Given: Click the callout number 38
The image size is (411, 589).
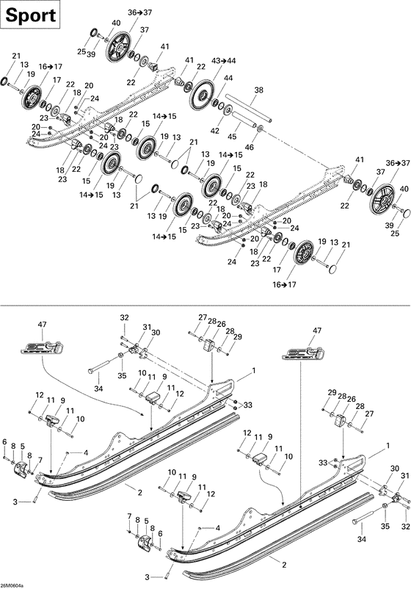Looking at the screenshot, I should point(258,91).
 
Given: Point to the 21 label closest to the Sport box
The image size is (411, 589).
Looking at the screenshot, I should point(17,56).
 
